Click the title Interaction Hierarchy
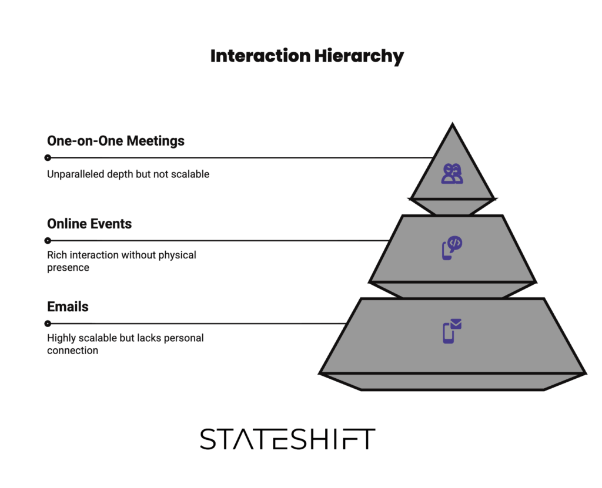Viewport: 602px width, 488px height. (307, 56)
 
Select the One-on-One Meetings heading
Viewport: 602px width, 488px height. (116, 141)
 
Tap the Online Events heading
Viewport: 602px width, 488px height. (89, 224)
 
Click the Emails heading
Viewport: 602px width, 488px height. (68, 307)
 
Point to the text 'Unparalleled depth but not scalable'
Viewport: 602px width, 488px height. (128, 174)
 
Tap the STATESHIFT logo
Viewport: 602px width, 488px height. (287, 439)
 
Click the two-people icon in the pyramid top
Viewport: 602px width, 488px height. (452, 174)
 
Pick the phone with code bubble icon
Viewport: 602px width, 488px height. (451, 248)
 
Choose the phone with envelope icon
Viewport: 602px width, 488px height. (451, 331)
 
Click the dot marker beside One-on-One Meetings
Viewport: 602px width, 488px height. (48, 157)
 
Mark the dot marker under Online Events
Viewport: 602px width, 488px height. (48, 240)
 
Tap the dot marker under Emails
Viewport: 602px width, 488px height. (48, 323)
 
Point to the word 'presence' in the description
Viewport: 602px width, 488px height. (68, 268)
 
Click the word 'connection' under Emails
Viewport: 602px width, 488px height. (72, 351)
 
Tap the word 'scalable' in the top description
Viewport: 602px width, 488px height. (189, 174)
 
